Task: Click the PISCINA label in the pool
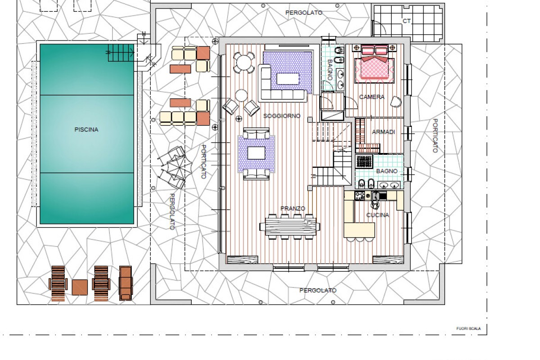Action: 86,130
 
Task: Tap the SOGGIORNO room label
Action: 282,116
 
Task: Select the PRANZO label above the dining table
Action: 293,208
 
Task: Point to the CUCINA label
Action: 378,215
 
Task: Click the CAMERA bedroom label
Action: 372,97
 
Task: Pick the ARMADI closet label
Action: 383,132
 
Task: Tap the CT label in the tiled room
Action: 406,21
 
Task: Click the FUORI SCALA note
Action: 468,328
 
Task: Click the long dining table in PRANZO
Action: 290,227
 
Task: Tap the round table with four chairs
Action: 244,63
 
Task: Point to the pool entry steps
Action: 121,53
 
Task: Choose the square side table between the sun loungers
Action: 80,287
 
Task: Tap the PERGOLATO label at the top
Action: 304,13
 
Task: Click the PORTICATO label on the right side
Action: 435,136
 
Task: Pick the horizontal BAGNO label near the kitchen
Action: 387,171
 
